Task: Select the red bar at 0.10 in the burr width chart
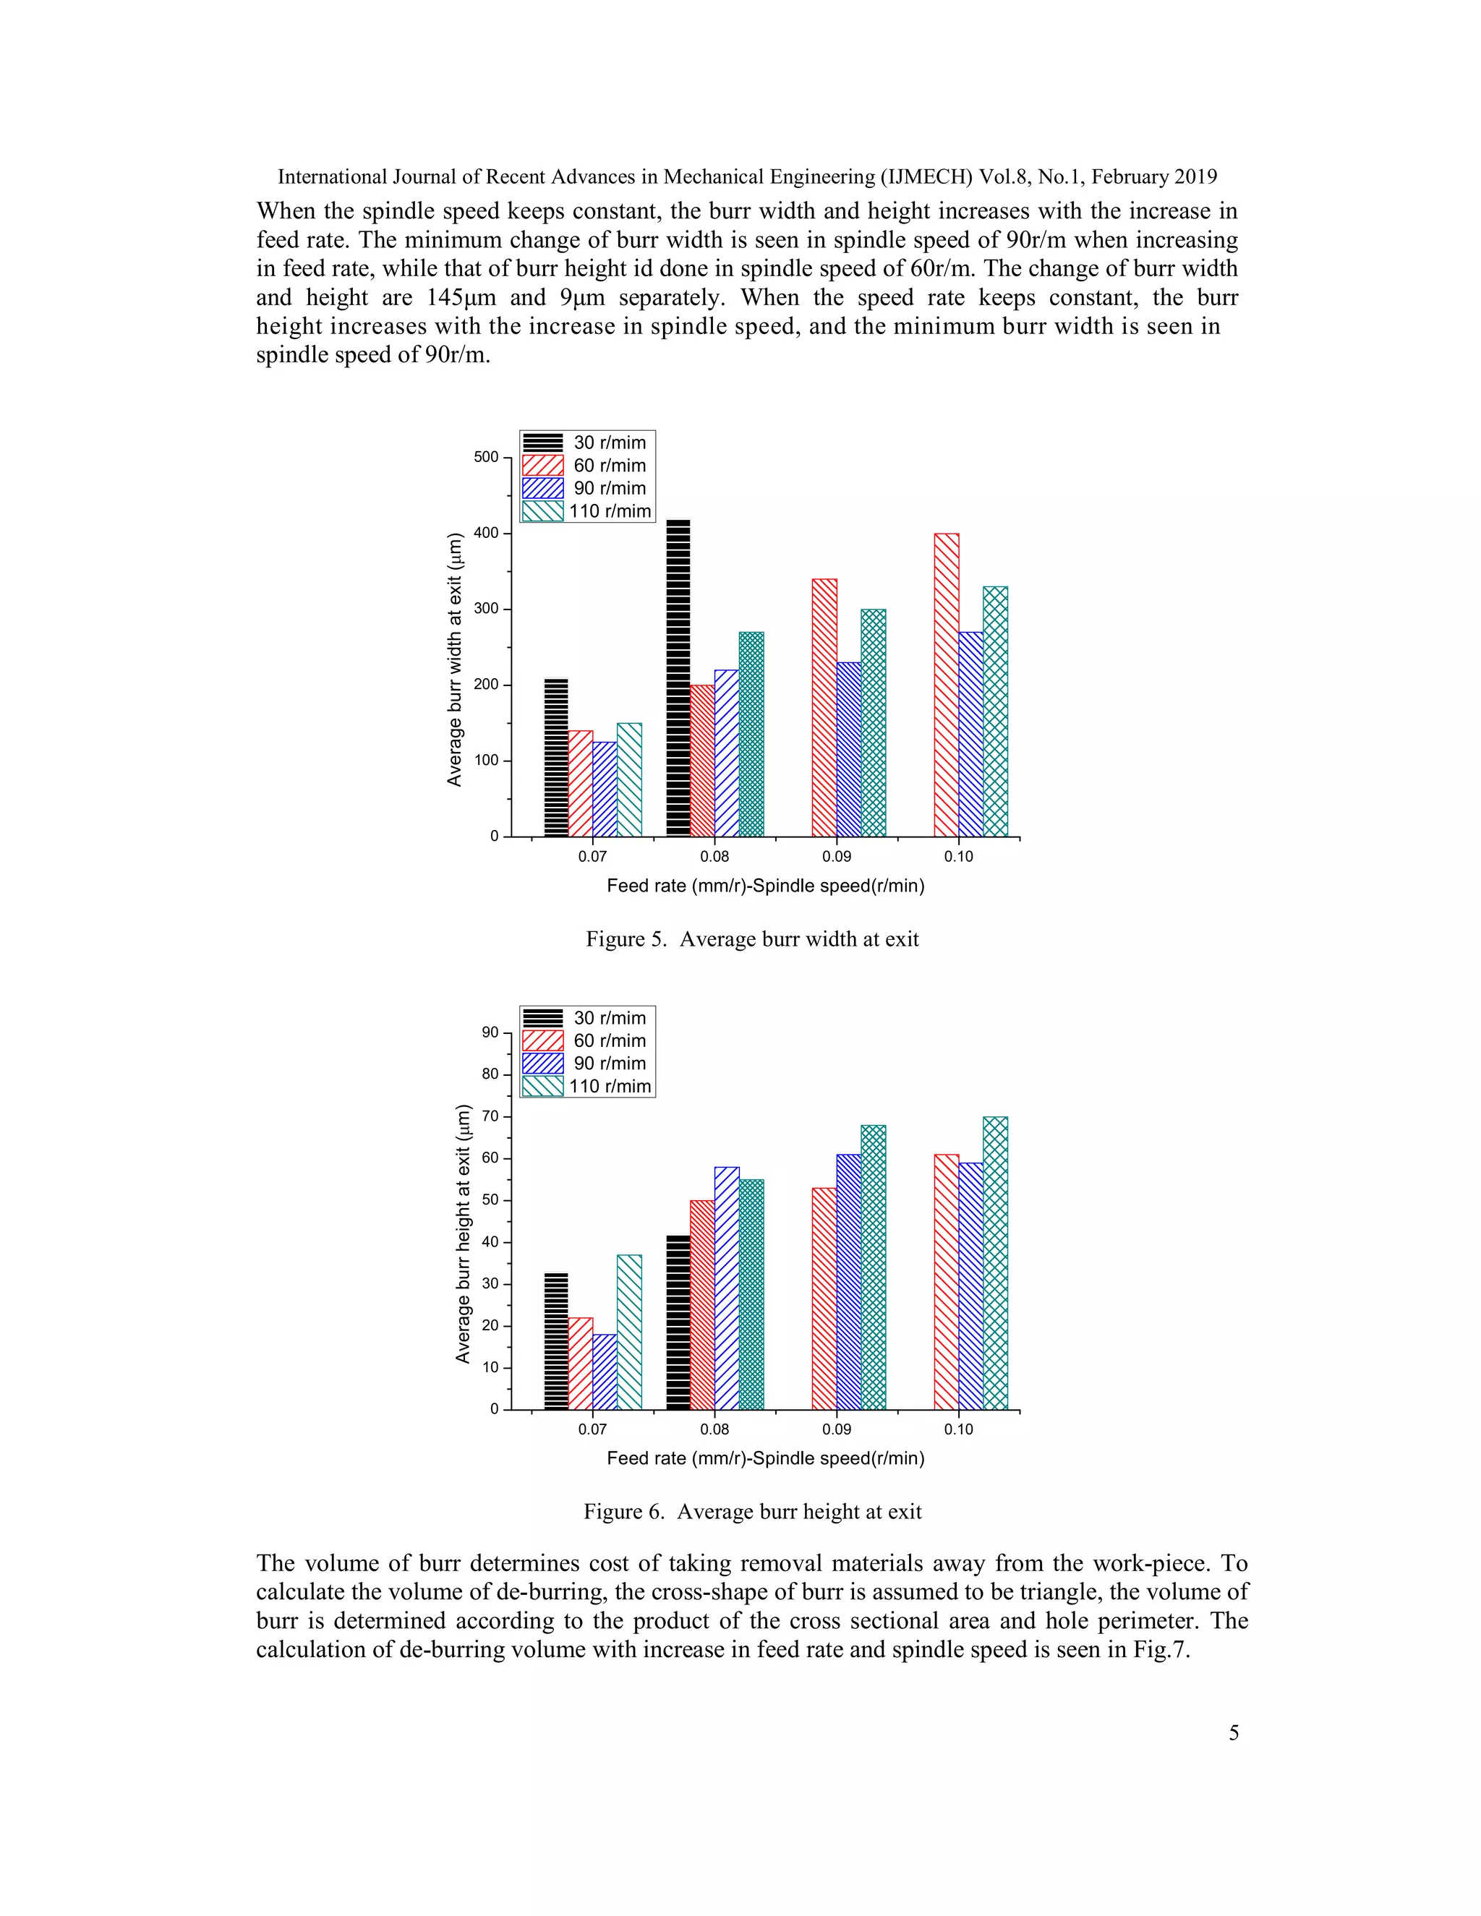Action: [946, 684]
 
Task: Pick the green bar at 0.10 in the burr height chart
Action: [995, 1262]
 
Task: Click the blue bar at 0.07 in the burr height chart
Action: [605, 1372]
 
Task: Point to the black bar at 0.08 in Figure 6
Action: [678, 1322]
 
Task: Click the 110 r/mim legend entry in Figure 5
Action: [588, 510]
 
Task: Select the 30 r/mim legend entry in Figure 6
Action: [588, 1018]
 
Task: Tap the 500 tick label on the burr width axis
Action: [485, 457]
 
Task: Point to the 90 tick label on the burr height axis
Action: [490, 1032]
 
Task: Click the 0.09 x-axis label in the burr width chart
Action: [836, 857]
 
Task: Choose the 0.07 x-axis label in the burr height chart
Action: [592, 1430]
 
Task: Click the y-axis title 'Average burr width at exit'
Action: [454, 659]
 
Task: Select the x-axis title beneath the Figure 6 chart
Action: [765, 1459]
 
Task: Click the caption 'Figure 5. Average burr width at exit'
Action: [752, 940]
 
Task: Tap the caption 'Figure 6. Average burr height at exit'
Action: [752, 1513]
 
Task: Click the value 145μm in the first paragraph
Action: [461, 297]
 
